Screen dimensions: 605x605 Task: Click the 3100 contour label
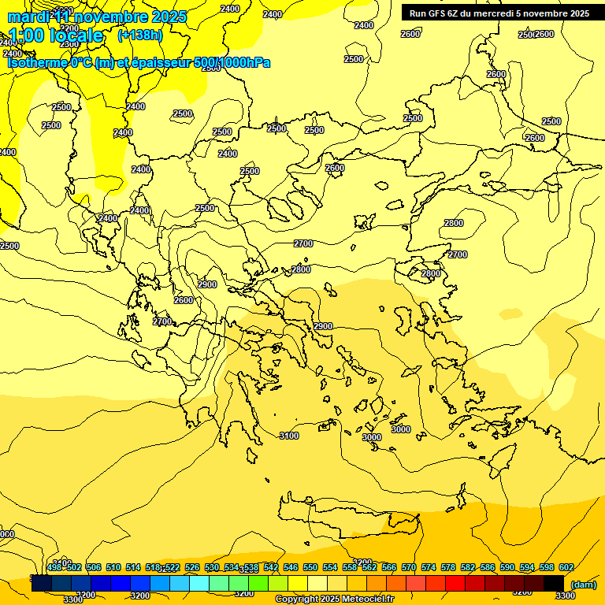(289, 436)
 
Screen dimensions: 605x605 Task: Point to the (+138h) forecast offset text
(139, 35)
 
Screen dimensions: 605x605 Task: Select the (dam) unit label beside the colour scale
(582, 584)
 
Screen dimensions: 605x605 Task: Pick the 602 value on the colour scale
(566, 567)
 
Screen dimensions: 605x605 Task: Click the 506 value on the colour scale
(94, 567)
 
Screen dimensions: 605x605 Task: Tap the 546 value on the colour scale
(291, 567)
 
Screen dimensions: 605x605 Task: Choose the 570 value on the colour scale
(409, 567)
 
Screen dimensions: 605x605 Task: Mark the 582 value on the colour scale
(468, 567)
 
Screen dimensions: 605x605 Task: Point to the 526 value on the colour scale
(192, 567)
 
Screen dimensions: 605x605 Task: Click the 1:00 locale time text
(56, 35)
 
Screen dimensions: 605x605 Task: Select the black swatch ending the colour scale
(554, 582)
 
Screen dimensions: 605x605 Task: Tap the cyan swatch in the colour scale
(199, 582)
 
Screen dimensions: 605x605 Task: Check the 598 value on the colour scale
(547, 567)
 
